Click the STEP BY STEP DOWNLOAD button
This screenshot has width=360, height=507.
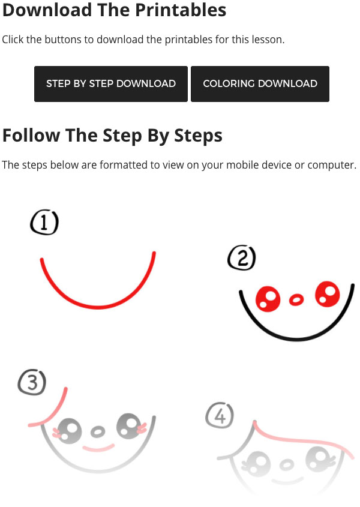[x=111, y=84]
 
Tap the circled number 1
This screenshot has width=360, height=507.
[x=44, y=222]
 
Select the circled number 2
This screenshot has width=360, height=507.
[x=242, y=258]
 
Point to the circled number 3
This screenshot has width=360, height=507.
[x=32, y=383]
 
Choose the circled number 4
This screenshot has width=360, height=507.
[x=220, y=415]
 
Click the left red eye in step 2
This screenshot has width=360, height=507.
[x=268, y=299]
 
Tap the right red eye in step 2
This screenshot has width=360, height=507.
[x=328, y=294]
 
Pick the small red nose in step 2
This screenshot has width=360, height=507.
[x=296, y=299]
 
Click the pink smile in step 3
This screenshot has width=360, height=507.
[x=98, y=448]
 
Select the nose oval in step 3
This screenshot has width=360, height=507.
[x=97, y=431]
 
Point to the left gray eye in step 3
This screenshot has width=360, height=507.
[x=69, y=431]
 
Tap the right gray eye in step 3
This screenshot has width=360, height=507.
[x=129, y=426]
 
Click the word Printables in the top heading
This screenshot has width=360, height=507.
[x=181, y=10]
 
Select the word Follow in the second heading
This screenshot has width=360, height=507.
[x=31, y=135]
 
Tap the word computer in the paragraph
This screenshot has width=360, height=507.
[x=332, y=165]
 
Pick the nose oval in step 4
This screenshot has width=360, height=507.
[x=286, y=465]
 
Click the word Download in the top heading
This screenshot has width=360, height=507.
[x=47, y=10]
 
